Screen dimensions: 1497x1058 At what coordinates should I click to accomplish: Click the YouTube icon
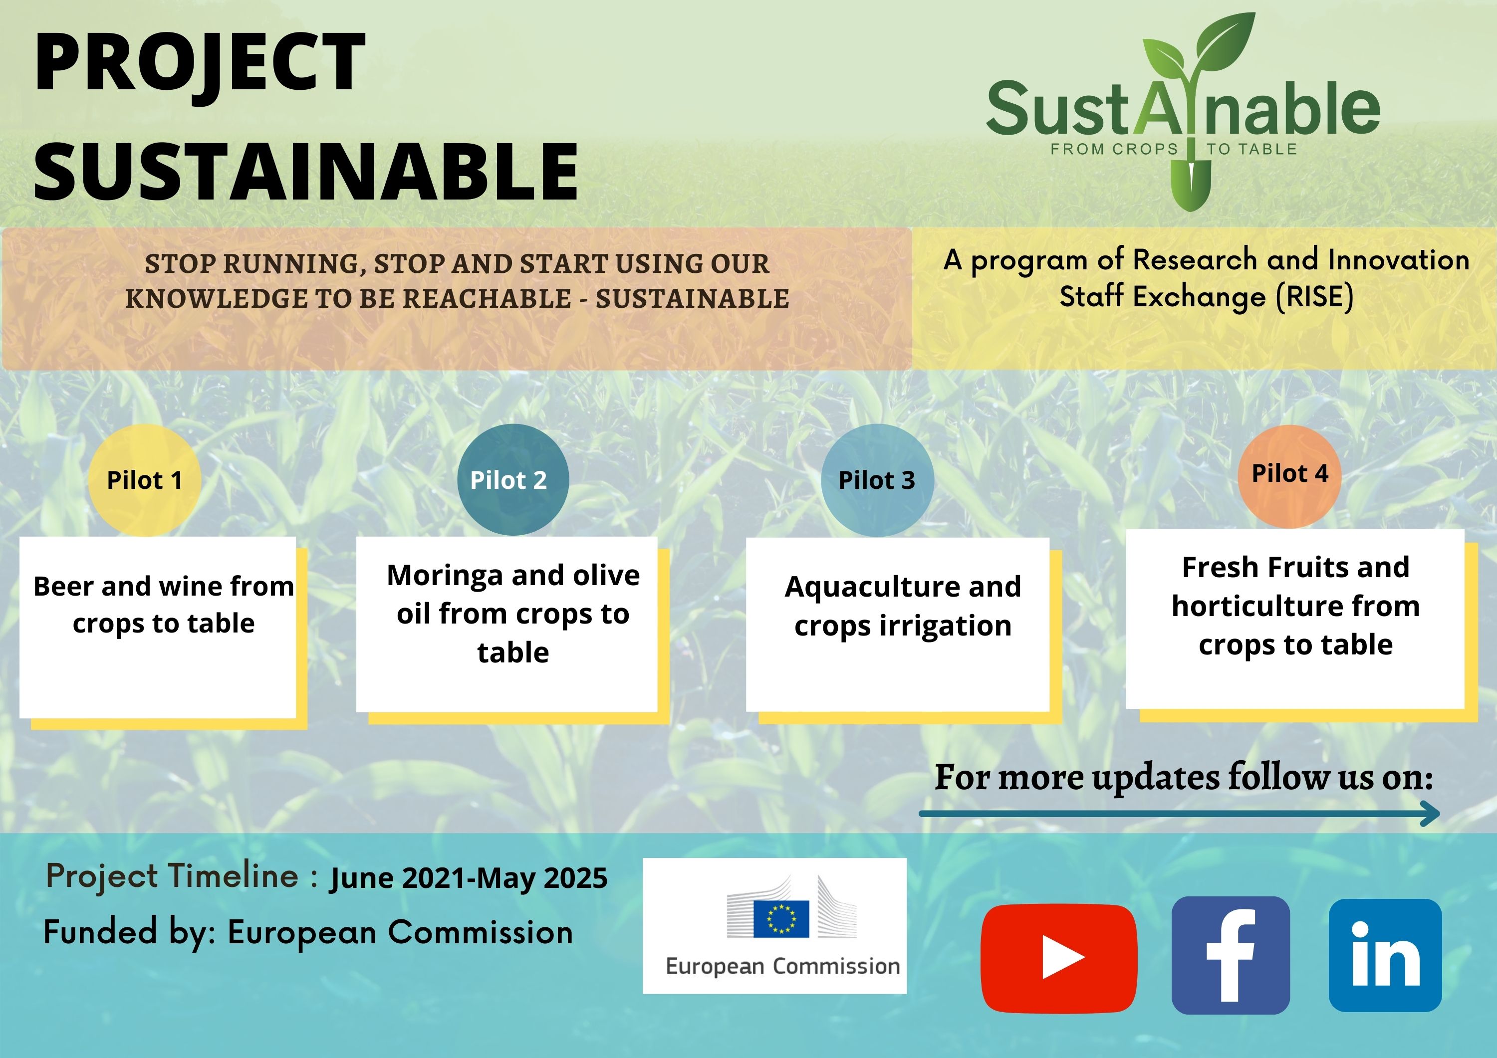[1059, 958]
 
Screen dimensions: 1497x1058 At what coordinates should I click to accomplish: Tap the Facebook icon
[1231, 955]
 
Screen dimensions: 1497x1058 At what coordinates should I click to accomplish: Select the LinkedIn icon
[1385, 955]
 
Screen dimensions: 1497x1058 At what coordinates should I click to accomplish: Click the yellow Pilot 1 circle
[144, 480]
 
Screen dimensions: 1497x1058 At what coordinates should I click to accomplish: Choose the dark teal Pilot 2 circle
[513, 480]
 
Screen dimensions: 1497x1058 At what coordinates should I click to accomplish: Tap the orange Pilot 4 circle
[1289, 476]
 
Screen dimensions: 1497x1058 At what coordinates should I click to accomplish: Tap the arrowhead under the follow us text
[1430, 814]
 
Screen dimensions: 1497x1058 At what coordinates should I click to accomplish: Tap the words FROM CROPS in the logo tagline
[1114, 149]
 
